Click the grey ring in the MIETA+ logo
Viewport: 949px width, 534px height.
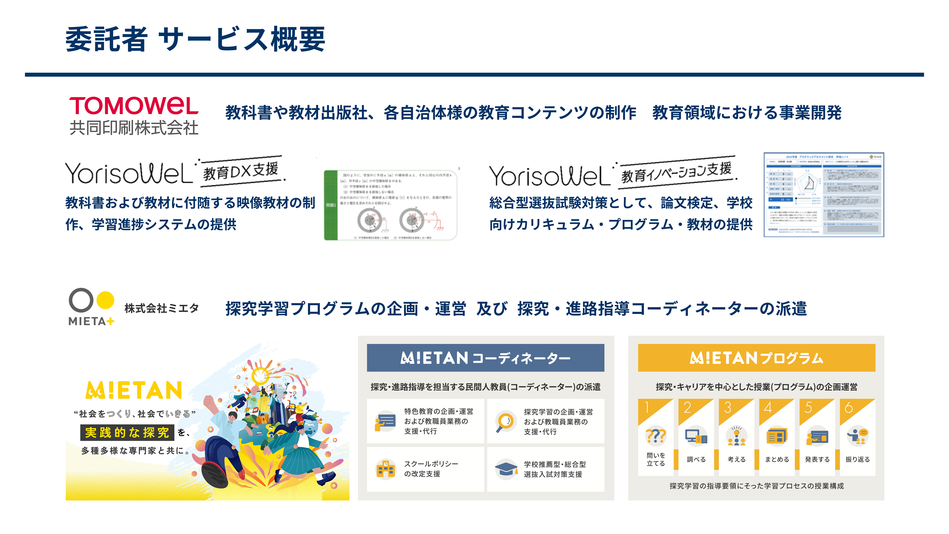pyautogui.click(x=81, y=300)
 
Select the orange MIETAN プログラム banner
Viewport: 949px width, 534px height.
pyautogui.click(x=756, y=357)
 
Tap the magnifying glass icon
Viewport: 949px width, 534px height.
pyautogui.click(x=505, y=421)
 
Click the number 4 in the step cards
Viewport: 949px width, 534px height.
pyautogui.click(x=768, y=408)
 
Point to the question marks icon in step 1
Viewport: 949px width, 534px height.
pyautogui.click(x=656, y=436)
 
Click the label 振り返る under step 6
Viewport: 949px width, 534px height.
pyautogui.click(x=857, y=459)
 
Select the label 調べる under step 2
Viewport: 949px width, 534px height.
pyautogui.click(x=696, y=459)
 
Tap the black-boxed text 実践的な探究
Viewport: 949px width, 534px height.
pyautogui.click(x=127, y=432)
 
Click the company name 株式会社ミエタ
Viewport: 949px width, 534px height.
pyautogui.click(x=161, y=308)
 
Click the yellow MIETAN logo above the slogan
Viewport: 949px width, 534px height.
pyautogui.click(x=134, y=390)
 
